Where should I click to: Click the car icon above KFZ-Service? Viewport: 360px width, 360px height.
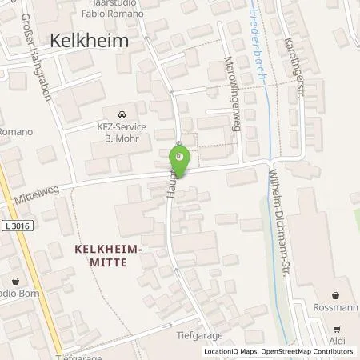click(x=120, y=113)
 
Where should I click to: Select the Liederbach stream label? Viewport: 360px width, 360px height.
click(x=258, y=39)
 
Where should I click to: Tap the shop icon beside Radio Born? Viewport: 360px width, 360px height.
click(x=16, y=280)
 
